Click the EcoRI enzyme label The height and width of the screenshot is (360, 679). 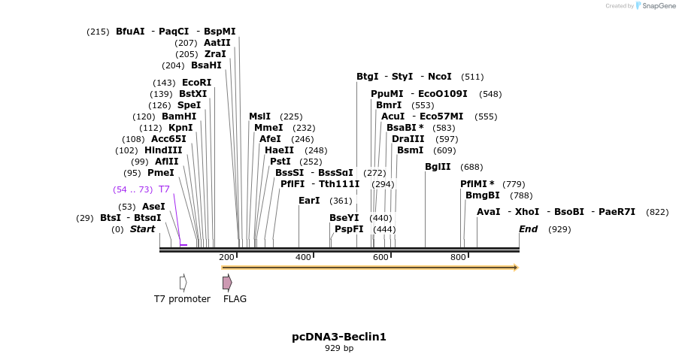[196, 83]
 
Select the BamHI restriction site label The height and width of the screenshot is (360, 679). [179, 116]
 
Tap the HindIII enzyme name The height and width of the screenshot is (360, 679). [163, 150]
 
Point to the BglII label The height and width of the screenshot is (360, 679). [438, 167]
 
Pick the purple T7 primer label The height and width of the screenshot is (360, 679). [164, 189]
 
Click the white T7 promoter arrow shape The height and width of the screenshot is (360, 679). [183, 283]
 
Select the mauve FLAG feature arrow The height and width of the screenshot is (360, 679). [227, 283]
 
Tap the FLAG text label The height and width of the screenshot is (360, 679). [235, 299]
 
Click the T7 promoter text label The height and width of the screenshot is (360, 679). [182, 299]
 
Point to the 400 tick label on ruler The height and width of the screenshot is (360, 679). [303, 258]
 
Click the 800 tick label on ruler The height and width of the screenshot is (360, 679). [458, 258]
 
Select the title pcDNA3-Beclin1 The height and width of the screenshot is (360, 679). [339, 337]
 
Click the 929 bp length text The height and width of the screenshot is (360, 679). [339, 349]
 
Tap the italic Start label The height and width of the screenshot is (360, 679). [142, 229]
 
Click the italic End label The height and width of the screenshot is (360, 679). [528, 229]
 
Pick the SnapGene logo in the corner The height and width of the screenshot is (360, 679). [655, 6]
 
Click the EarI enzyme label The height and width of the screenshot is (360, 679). [309, 201]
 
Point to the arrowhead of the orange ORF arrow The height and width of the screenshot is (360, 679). [516, 268]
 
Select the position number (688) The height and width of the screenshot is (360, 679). [471, 167]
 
